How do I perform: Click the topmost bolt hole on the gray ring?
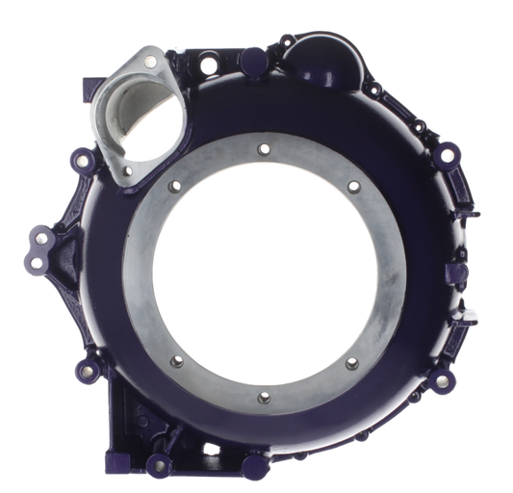click(264, 149)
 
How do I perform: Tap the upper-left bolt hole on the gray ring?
click(175, 187)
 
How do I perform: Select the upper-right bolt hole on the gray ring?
click(353, 185)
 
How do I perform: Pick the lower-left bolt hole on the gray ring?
click(175, 362)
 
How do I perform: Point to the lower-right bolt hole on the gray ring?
click(350, 363)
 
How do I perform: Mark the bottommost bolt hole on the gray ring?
click(264, 396)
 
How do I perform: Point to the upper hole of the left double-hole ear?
click(39, 237)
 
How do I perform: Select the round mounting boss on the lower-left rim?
click(84, 367)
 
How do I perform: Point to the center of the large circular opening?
click(264, 272)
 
